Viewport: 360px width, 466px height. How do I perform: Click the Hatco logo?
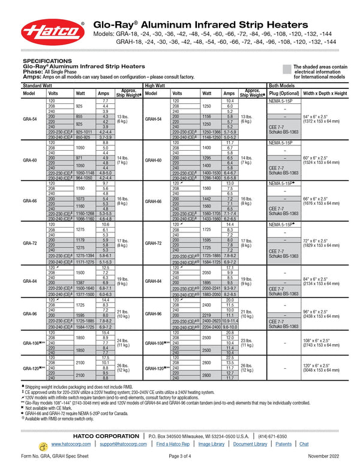pos(53,32)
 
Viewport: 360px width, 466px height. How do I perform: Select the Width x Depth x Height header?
pos(325,94)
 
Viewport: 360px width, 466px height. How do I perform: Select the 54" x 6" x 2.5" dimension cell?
pos(325,118)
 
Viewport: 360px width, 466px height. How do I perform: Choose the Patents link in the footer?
pos(283,444)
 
